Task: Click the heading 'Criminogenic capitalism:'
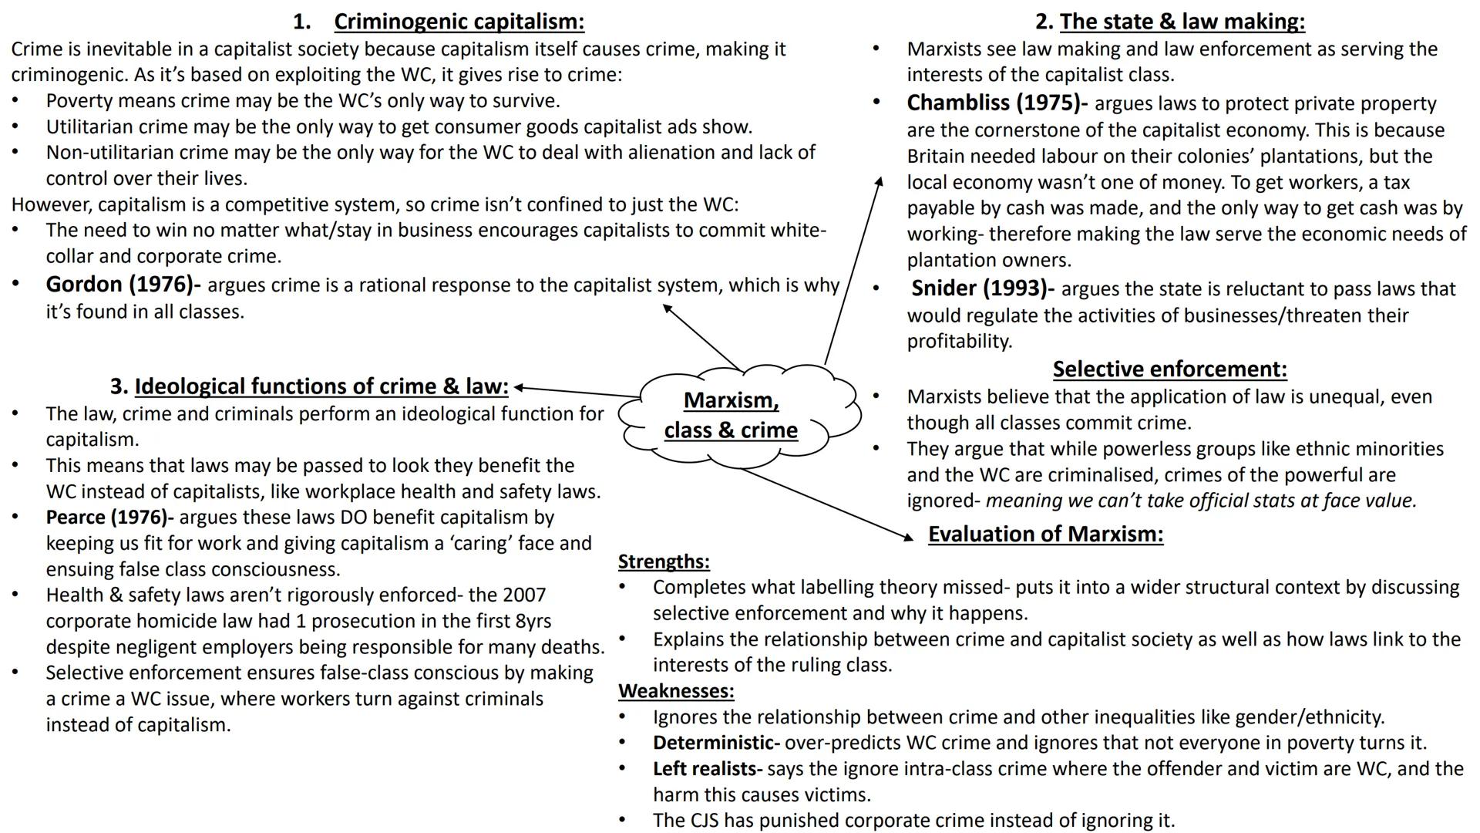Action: pos(459,22)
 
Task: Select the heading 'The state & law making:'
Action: pos(1182,22)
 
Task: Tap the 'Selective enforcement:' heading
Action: pos(1169,369)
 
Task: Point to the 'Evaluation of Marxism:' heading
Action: pos(1045,534)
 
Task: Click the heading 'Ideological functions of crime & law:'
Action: pos(321,386)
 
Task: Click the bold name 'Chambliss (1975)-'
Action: pos(997,103)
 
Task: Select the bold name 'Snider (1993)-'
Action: pos(983,288)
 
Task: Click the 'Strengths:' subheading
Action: pos(664,562)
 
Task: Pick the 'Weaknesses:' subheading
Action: pos(676,691)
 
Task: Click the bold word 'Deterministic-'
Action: pos(716,743)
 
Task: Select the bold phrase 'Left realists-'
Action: pos(707,769)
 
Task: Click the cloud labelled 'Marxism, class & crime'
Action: pos(732,415)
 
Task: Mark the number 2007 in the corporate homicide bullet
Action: pos(523,595)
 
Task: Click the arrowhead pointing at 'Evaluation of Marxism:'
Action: pos(910,538)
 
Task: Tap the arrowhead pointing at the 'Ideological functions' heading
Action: pos(519,387)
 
